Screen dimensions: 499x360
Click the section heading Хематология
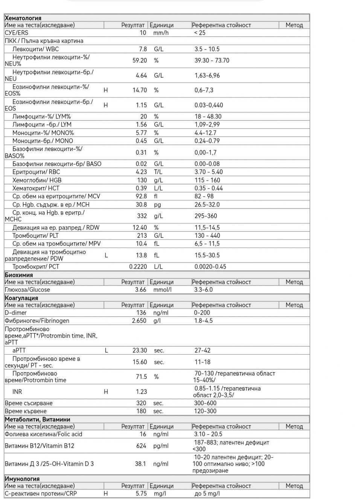23,18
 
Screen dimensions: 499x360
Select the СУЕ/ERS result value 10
143,33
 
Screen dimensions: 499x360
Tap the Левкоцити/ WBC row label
35,49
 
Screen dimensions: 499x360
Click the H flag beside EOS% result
105,90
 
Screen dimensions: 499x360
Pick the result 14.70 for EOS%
140,90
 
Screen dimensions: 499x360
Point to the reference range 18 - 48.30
208,116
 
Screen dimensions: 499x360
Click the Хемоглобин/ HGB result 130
142,180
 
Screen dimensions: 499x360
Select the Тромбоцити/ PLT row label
35,236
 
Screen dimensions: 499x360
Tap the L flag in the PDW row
106,255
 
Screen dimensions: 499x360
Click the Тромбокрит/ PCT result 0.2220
138,266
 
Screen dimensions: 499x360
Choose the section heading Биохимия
19,275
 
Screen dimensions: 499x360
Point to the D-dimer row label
16,313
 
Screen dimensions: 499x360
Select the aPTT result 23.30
140,350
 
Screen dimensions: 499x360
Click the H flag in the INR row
106,392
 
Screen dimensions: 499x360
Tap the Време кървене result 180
141,411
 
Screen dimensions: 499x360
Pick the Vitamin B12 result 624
141,446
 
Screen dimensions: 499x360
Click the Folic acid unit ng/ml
161,434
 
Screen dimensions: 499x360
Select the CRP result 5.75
141,493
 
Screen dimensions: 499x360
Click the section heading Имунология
22,479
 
